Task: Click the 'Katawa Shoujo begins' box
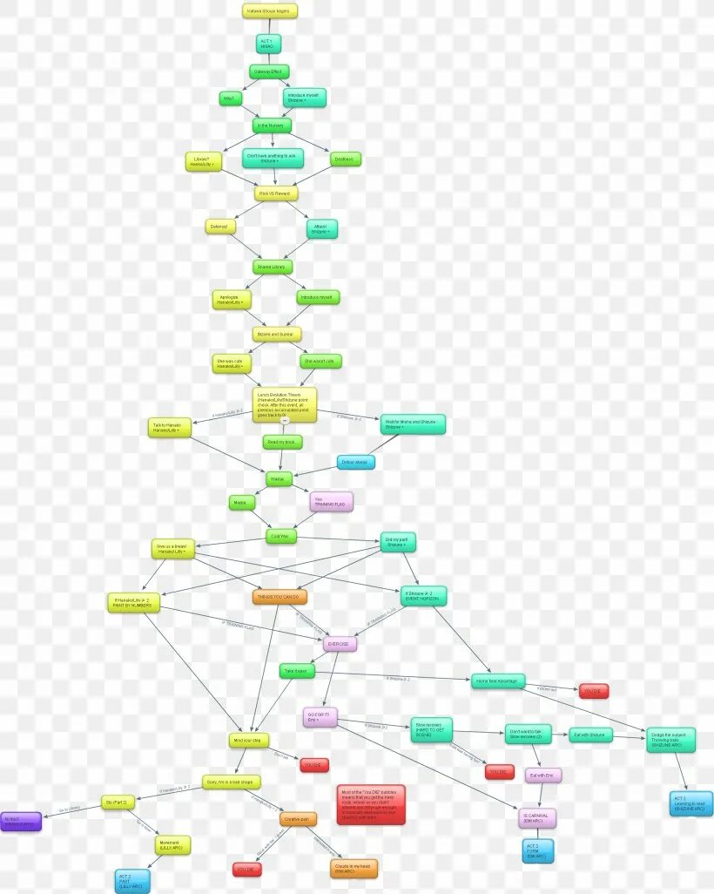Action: (x=270, y=11)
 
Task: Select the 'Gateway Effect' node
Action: (x=269, y=71)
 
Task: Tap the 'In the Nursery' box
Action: (x=272, y=125)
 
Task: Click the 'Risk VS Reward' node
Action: (x=277, y=193)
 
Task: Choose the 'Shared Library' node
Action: (x=273, y=267)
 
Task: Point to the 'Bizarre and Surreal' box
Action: (x=277, y=335)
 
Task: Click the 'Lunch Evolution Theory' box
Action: (x=285, y=404)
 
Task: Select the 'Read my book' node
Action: (x=283, y=443)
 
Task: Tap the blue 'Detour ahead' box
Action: (x=356, y=462)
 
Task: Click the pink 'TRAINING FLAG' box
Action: (x=331, y=501)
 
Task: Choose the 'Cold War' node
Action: (x=281, y=537)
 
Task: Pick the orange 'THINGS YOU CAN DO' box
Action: (x=280, y=597)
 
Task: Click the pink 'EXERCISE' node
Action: (x=340, y=644)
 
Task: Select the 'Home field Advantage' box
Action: (x=498, y=681)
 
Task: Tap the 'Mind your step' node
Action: (x=250, y=741)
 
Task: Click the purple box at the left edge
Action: (x=20, y=821)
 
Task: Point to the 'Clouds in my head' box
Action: (x=354, y=868)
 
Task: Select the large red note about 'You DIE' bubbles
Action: (x=371, y=804)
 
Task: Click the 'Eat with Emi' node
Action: (x=544, y=775)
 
